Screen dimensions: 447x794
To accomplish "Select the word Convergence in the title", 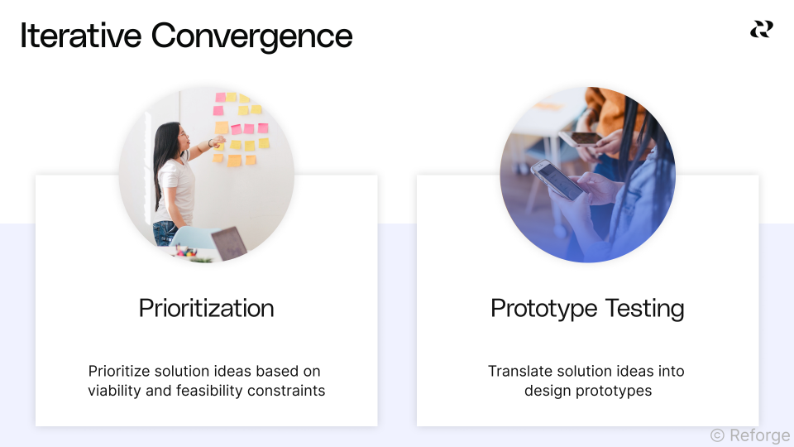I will pos(251,36).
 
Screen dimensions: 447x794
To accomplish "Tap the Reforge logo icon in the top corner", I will pos(761,30).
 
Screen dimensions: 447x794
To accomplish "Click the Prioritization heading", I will pos(206,309).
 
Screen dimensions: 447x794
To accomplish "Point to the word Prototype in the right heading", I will pos(543,309).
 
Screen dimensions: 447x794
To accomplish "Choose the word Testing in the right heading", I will pos(644,309).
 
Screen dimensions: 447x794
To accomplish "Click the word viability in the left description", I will pos(114,391).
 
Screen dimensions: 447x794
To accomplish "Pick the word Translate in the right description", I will pos(521,371).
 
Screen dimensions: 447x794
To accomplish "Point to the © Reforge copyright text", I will pos(749,435).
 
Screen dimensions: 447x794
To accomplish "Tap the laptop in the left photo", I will pos(229,243).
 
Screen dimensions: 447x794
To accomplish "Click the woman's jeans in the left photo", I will pos(165,233).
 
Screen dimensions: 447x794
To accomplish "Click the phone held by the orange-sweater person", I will pos(582,137).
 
